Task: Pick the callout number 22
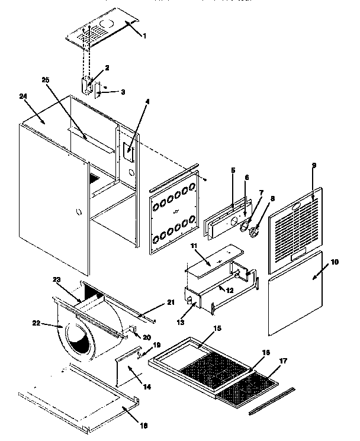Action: (37, 323)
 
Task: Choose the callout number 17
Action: (284, 360)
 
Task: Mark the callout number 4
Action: (147, 102)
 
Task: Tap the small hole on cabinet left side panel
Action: (78, 211)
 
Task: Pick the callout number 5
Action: (233, 170)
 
